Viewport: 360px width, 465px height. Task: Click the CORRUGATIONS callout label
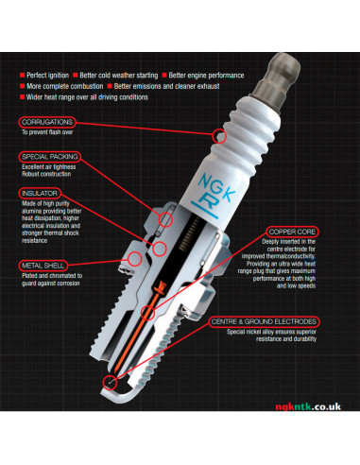tap(47, 122)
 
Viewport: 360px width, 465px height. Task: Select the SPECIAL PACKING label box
tap(50, 157)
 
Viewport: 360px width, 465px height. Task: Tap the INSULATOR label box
tap(40, 193)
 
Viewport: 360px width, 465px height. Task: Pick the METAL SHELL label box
tap(43, 266)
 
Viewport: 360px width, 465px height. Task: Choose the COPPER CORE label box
tap(292, 232)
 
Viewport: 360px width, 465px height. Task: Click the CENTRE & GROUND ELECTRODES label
tap(264, 321)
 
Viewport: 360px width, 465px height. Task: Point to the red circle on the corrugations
tap(219, 136)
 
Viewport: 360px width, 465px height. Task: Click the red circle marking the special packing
tap(165, 219)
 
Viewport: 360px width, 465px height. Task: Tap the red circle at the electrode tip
tap(110, 383)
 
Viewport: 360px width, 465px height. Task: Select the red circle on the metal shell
tap(134, 258)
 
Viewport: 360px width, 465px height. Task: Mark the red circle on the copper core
tap(147, 313)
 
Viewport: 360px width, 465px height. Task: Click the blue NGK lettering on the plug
tap(216, 186)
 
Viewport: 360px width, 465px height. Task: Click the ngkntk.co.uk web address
tap(308, 406)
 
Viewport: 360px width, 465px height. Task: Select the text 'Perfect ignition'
tap(47, 76)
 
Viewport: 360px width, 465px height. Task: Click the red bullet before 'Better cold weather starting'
tap(76, 75)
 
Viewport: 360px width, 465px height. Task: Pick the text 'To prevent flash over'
tap(47, 132)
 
